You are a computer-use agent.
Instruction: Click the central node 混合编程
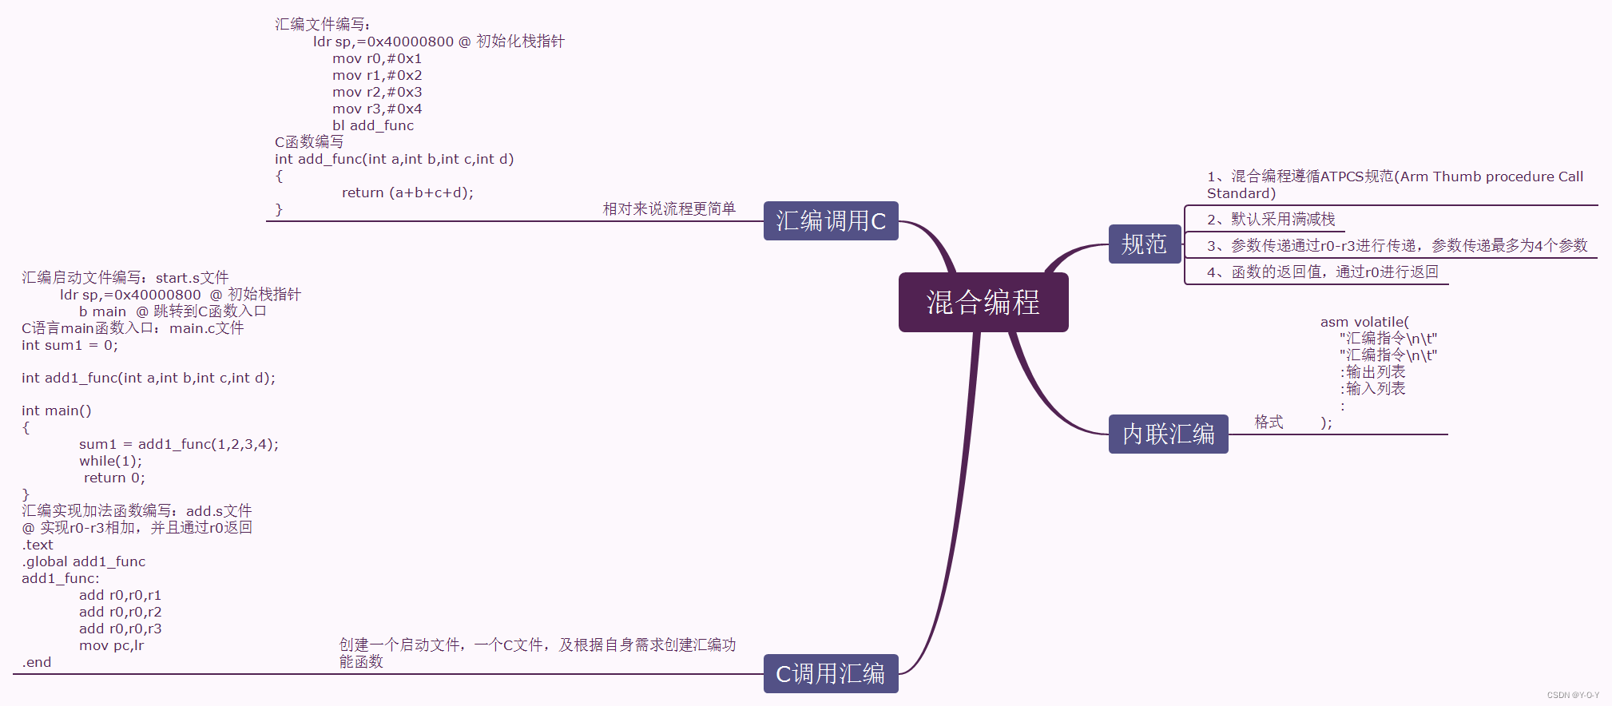[x=983, y=302]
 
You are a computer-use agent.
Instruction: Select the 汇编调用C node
[x=831, y=221]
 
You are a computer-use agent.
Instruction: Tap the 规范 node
[x=1144, y=244]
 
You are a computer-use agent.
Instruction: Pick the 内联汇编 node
[x=1168, y=434]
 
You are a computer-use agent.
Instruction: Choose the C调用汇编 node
[x=831, y=674]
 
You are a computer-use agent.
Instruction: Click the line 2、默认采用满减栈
[x=1271, y=219]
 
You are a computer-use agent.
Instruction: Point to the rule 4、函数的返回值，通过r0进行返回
[x=1322, y=272]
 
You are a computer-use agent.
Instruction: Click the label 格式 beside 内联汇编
[x=1269, y=422]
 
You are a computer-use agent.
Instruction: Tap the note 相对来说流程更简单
[x=669, y=208]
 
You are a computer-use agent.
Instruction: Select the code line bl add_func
[x=373, y=125]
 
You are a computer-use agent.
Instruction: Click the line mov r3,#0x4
[x=377, y=109]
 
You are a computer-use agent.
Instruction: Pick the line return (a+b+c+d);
[x=407, y=192]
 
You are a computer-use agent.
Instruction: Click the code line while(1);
[x=110, y=461]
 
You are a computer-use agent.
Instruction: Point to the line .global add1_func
[x=84, y=561]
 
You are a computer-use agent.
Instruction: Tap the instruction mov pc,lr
[x=112, y=645]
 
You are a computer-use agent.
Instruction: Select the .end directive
[x=37, y=662]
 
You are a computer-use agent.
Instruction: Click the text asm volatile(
[x=1364, y=322]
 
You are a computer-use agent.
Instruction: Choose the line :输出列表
[x=1372, y=372]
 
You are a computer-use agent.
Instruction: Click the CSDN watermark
[x=1573, y=695]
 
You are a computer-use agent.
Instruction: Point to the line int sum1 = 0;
[x=69, y=345]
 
